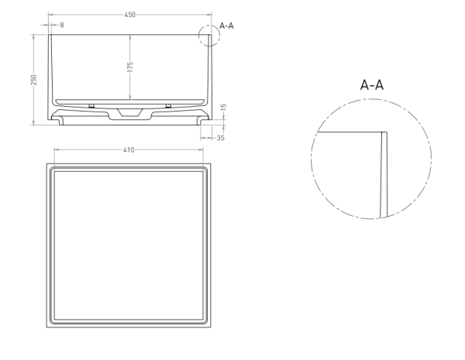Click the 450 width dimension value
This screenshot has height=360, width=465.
pos(130,15)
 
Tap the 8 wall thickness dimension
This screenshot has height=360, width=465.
pos(62,26)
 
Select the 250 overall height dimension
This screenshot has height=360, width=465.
pos(34,80)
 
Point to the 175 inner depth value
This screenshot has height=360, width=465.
pos(130,67)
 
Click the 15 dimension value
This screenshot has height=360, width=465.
pos(224,107)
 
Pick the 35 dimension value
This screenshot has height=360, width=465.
pos(221,138)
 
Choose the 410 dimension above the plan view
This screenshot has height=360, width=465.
pos(129,150)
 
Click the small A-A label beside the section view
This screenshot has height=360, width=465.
pos(226,26)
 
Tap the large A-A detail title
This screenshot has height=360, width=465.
pos(372,84)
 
